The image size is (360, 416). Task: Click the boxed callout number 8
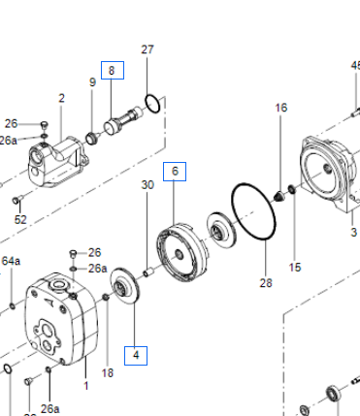click(113, 70)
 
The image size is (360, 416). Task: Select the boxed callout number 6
click(175, 172)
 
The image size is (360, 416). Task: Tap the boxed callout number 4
click(136, 356)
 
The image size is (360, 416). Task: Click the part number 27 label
click(147, 49)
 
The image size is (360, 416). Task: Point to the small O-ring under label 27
click(152, 104)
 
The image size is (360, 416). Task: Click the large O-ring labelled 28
click(253, 211)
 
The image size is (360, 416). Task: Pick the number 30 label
click(147, 185)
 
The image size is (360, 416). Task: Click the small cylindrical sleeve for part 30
click(147, 273)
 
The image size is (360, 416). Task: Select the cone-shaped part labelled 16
click(279, 196)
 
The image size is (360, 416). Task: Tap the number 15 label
click(295, 268)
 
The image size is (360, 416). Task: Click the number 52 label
click(20, 220)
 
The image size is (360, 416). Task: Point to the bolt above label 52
click(16, 201)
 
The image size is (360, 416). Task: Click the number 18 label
click(108, 373)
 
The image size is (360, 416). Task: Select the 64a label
click(11, 261)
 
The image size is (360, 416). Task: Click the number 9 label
click(92, 82)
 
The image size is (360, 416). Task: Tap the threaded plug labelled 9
click(92, 138)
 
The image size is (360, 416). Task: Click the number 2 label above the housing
click(61, 98)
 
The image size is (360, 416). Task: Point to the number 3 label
click(354, 233)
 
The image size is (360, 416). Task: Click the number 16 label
click(281, 108)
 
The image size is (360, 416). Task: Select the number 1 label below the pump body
click(86, 386)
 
